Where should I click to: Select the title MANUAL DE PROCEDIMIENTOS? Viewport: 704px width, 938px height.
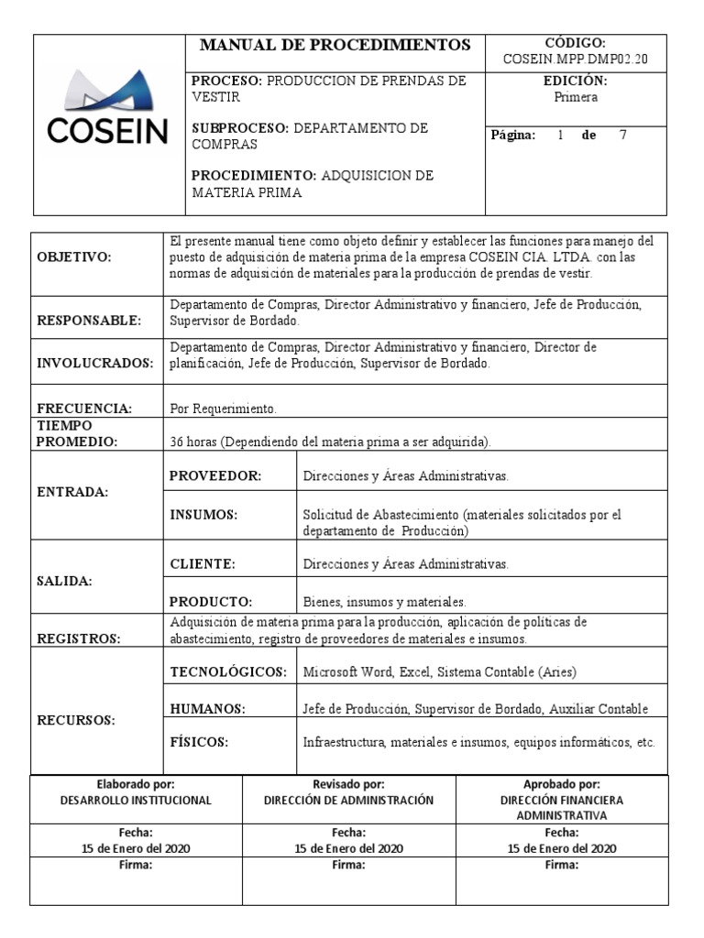coord(335,45)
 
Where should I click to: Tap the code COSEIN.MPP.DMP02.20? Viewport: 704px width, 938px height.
coord(576,60)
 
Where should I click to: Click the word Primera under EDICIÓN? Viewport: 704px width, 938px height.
coord(576,97)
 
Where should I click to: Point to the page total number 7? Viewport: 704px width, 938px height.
coord(623,135)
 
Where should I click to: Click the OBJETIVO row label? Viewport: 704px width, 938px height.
coord(73,258)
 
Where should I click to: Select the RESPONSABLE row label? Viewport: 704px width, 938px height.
coord(89,321)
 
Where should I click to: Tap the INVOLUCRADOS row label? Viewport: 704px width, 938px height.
coord(94,364)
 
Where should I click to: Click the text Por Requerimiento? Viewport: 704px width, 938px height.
coord(223,409)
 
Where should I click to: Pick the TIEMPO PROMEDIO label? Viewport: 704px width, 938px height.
coord(77,433)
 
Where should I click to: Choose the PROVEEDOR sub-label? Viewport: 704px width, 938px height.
coord(215,475)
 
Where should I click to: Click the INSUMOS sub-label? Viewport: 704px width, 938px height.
coord(203,515)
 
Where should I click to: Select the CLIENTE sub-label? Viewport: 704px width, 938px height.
coord(203,563)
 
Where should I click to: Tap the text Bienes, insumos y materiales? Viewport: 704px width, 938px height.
coord(384,602)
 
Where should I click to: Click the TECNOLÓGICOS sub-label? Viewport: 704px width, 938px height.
coord(229,671)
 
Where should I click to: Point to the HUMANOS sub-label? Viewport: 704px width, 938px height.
coord(207,708)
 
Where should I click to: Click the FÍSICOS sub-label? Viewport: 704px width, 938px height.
coord(199,741)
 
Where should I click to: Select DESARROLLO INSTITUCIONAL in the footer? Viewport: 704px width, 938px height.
coord(136,800)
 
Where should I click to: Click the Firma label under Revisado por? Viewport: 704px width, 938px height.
coord(348,864)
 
